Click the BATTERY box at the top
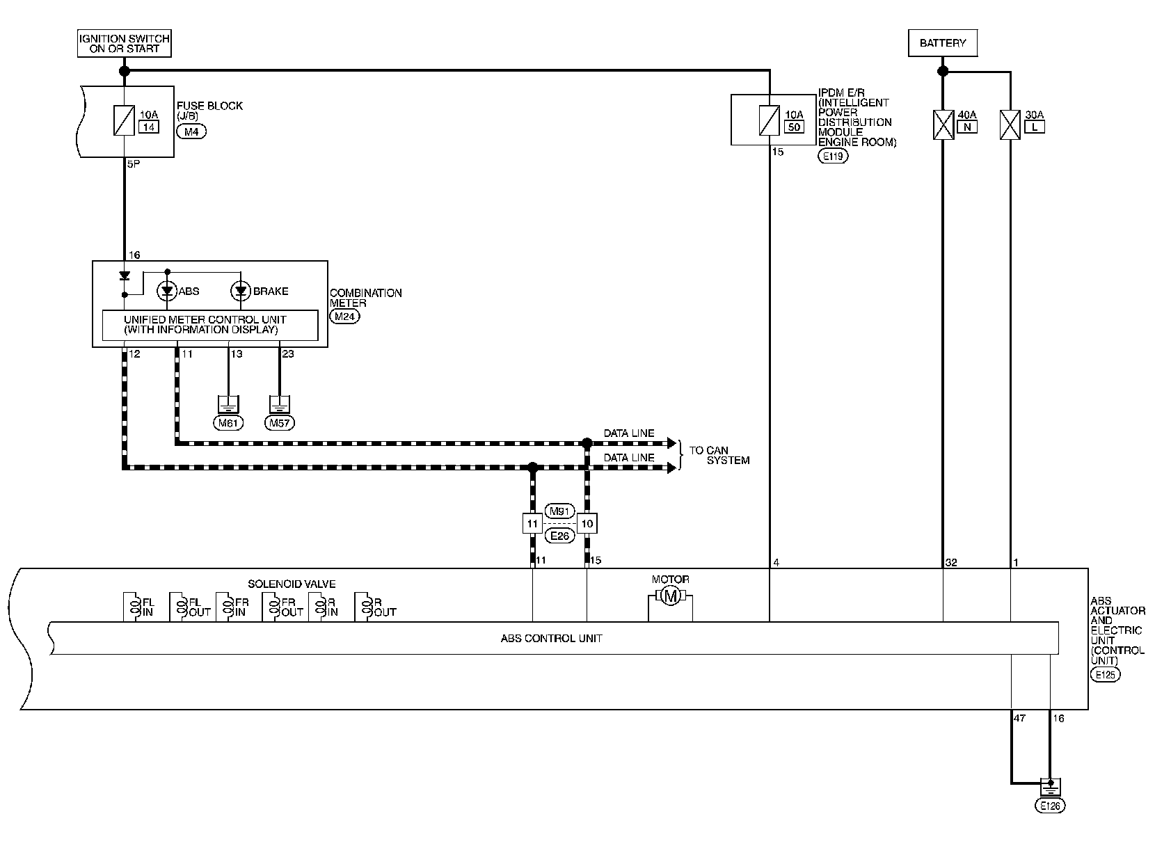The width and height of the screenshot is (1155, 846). (x=942, y=43)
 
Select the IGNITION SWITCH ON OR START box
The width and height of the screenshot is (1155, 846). (x=125, y=43)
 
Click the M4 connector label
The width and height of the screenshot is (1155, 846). (x=191, y=132)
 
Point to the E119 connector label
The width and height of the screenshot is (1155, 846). (x=834, y=157)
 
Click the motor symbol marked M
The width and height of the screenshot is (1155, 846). (x=670, y=596)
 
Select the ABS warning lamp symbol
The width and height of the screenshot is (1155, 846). (x=167, y=292)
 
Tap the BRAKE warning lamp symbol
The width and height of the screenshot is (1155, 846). (x=241, y=292)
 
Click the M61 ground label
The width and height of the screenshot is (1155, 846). (x=228, y=422)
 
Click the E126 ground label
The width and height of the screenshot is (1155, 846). (x=1050, y=806)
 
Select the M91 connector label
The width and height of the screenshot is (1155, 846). (x=559, y=511)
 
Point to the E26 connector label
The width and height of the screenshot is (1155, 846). (x=559, y=536)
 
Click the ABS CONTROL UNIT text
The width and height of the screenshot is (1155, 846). (x=551, y=638)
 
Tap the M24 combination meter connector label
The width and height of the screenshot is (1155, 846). (x=345, y=317)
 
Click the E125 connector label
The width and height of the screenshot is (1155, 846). (x=1106, y=674)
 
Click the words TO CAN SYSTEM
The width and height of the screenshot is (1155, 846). (x=719, y=455)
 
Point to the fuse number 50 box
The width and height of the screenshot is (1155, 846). (x=794, y=127)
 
